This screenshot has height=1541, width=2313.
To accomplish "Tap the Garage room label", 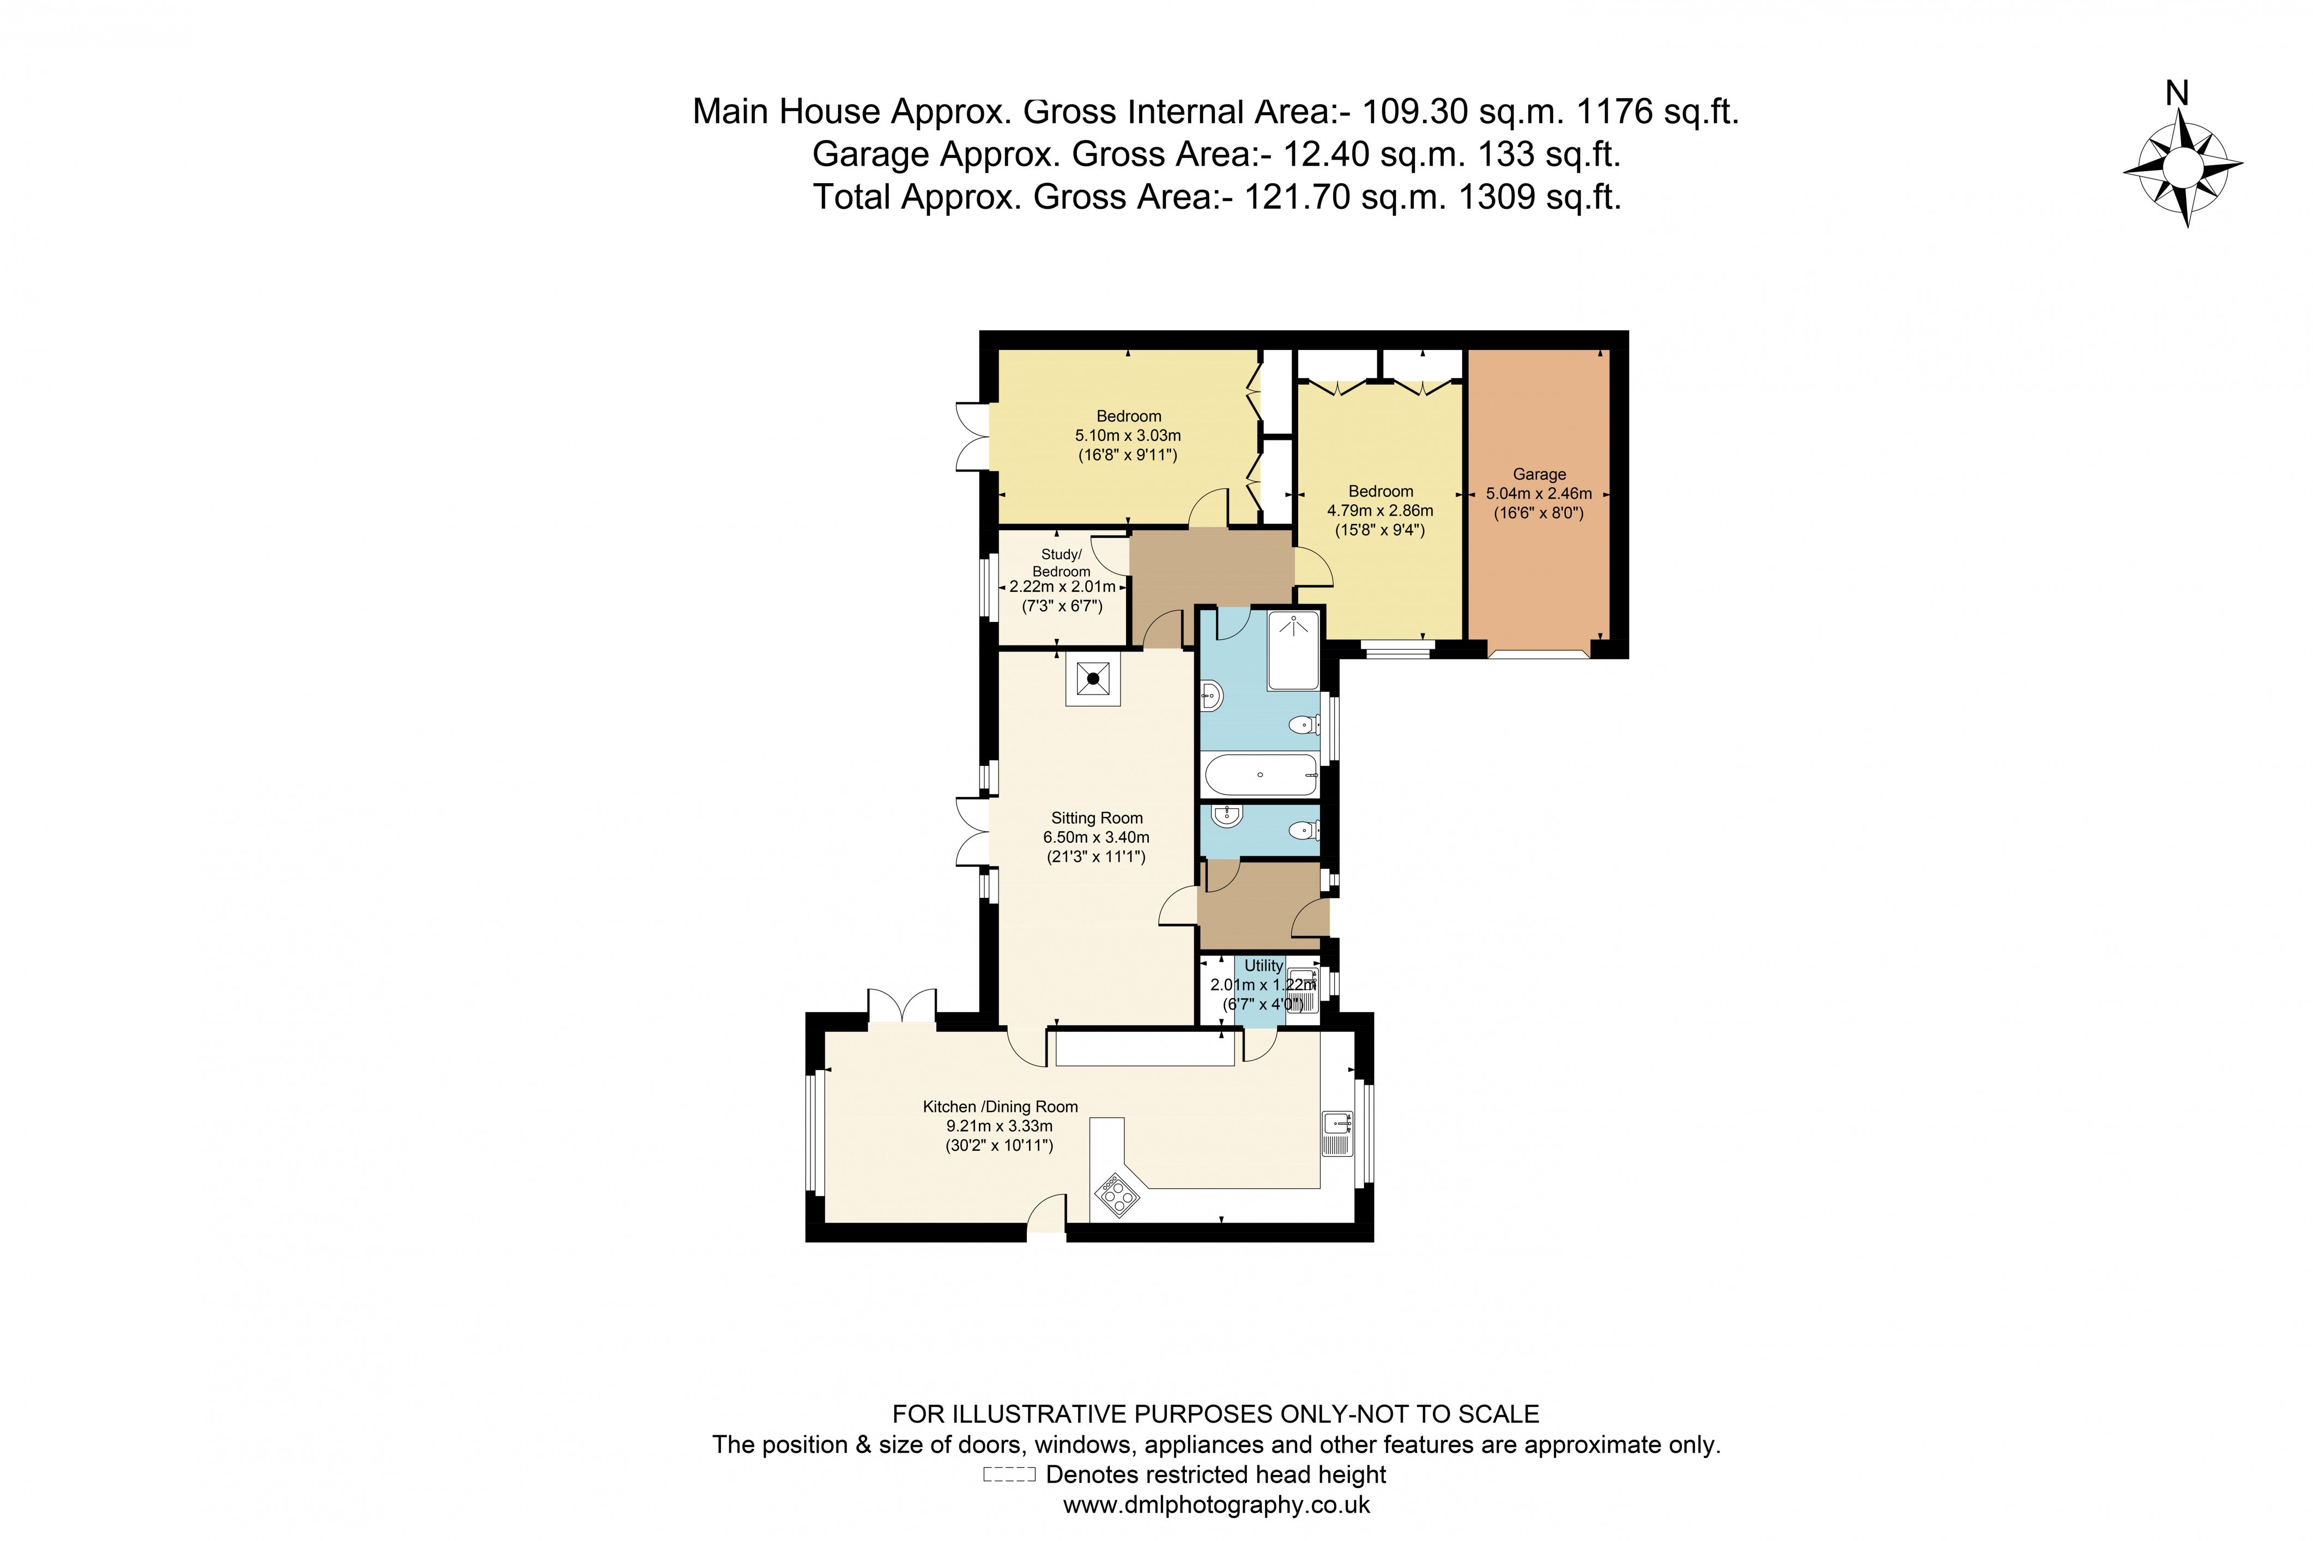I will click(x=1539, y=474).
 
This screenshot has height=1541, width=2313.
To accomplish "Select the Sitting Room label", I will click(x=1097, y=818).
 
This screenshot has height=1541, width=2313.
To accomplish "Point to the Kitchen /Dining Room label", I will click(x=1000, y=1107).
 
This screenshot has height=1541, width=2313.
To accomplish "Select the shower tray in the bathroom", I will click(x=1294, y=651).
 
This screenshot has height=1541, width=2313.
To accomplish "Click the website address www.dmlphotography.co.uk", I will click(x=1215, y=1504).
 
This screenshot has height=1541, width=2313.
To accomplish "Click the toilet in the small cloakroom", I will click(x=1303, y=830).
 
